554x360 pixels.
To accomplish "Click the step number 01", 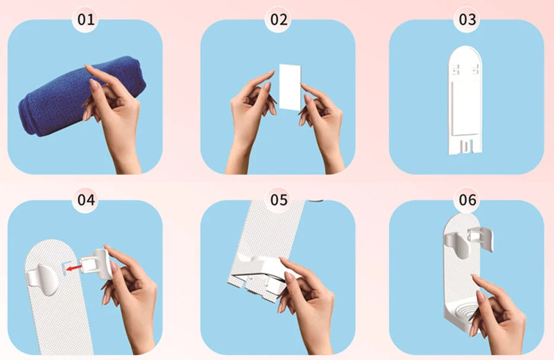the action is (x=86, y=20).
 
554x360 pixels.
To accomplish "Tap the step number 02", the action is (x=279, y=20).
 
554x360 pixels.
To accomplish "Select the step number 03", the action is (x=467, y=20).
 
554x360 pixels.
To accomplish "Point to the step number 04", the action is (x=86, y=200).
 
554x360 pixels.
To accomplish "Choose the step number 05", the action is (x=279, y=200).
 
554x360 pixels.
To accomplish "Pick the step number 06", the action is (x=467, y=200).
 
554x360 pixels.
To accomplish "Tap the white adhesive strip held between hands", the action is (x=290, y=87).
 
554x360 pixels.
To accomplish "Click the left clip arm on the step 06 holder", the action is (x=458, y=243).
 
